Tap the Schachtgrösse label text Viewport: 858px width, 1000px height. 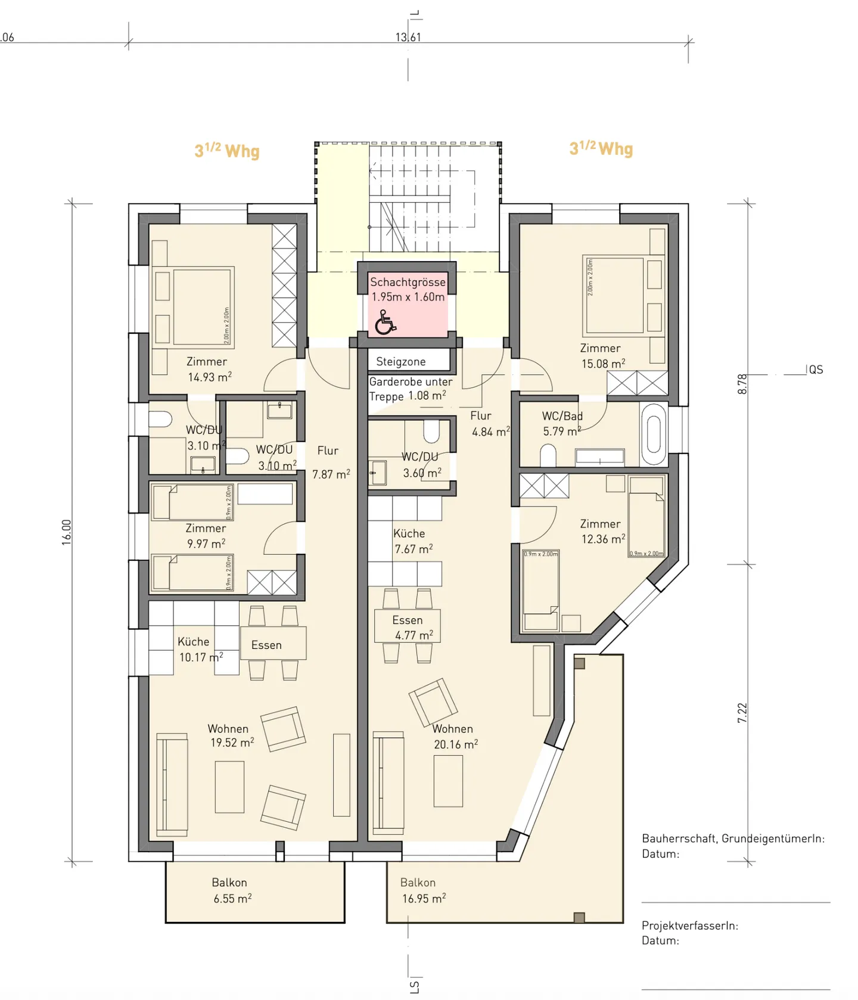[408, 282]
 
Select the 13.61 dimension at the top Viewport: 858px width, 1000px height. [408, 37]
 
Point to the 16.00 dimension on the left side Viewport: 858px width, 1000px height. [66, 532]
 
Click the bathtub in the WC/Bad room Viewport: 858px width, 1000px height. [654, 434]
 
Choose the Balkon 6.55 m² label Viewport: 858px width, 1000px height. [232, 891]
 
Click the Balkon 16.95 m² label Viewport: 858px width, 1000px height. [422, 891]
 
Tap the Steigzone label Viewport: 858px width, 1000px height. [401, 362]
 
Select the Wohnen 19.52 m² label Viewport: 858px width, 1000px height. [231, 736]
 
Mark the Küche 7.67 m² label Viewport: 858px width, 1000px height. [412, 541]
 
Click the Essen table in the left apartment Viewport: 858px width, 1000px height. [273, 643]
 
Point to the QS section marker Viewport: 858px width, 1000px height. [816, 370]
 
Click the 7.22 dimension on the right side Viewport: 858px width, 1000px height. [742, 713]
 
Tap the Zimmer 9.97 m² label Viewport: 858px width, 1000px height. [206, 536]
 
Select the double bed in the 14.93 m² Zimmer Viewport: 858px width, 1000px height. [201, 307]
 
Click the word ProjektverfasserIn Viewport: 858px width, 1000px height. [689, 926]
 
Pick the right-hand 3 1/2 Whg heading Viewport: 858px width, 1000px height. [601, 148]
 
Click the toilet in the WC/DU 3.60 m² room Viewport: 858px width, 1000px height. [431, 431]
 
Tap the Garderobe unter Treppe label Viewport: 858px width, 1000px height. [411, 389]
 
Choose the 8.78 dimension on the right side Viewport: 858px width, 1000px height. [742, 384]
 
